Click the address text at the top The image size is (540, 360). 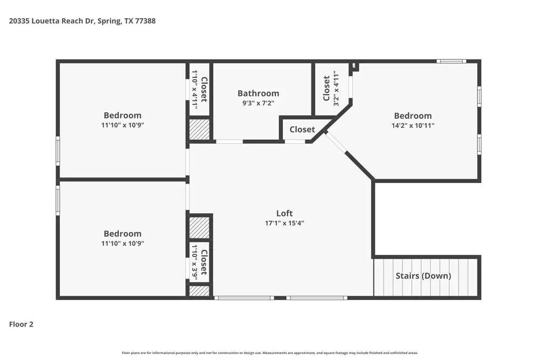click(x=83, y=21)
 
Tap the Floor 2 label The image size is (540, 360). click(x=21, y=324)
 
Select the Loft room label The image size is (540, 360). click(x=284, y=213)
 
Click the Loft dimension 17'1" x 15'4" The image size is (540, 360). click(x=284, y=223)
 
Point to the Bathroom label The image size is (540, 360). click(x=258, y=93)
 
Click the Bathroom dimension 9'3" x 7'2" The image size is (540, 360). click(x=258, y=103)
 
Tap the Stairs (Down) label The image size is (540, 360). click(x=423, y=276)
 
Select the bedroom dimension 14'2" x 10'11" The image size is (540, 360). click(x=413, y=125)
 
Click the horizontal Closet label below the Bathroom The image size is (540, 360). click(x=302, y=130)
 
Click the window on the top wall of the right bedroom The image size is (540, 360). click(x=451, y=62)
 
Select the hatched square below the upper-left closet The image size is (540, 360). click(x=199, y=131)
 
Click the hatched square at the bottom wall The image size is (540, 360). click(x=199, y=291)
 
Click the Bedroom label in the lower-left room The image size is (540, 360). click(x=123, y=234)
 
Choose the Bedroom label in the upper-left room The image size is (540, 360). click(x=123, y=115)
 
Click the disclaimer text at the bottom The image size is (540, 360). click(x=269, y=352)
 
